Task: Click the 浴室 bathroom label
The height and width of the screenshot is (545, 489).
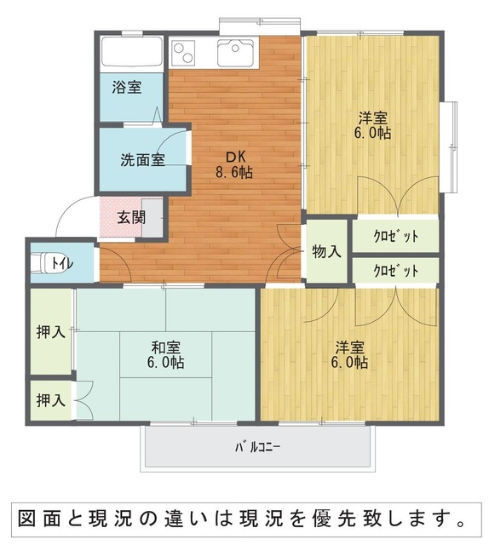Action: tap(127, 87)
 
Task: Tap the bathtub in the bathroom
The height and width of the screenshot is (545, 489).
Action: tap(131, 51)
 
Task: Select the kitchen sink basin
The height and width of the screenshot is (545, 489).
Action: tap(236, 52)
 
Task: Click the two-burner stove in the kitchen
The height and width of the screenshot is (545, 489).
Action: tap(184, 52)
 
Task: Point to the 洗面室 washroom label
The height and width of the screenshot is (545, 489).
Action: tap(142, 160)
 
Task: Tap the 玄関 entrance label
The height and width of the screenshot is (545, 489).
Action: tap(131, 218)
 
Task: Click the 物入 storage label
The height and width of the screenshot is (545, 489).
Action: tap(326, 251)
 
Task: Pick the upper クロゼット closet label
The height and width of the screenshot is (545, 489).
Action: tap(396, 237)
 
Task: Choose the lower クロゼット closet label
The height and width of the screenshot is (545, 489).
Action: tap(396, 271)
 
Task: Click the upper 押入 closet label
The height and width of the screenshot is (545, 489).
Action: tap(51, 332)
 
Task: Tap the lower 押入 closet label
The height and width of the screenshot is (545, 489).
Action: tap(51, 400)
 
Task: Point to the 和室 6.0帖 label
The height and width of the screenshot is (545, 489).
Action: tap(166, 354)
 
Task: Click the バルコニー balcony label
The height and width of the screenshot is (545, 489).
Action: tap(257, 447)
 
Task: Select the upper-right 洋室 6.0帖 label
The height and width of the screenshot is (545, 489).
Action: tap(373, 125)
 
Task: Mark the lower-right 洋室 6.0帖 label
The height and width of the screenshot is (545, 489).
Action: tap(349, 354)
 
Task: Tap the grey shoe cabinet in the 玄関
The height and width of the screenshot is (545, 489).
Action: tap(152, 218)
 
